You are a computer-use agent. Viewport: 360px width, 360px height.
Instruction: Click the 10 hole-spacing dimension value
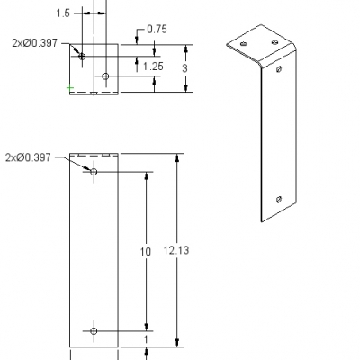pos(146,252)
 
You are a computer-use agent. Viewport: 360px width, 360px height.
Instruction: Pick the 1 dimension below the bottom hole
pos(147,338)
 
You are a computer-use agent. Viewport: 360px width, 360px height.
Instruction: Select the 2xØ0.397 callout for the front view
pos(30,157)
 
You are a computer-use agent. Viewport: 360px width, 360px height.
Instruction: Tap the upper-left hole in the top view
pos(82,56)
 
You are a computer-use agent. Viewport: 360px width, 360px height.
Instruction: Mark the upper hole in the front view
pos(94,171)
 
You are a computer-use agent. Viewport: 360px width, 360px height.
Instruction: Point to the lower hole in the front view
pos(94,330)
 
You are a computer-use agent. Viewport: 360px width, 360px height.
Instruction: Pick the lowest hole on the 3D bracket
pos(278,198)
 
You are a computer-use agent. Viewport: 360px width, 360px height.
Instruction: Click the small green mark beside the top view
pos(69,88)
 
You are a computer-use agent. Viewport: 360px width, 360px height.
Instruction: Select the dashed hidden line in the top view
pos(94,91)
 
